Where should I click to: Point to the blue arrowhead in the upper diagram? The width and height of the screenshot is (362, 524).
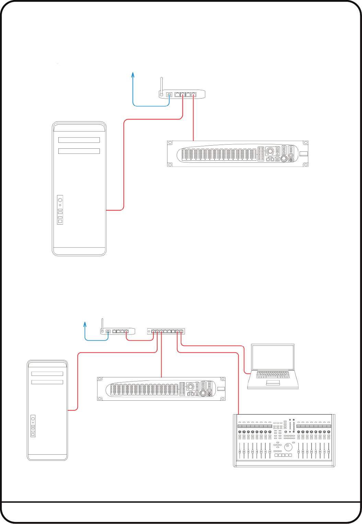[x=133, y=74]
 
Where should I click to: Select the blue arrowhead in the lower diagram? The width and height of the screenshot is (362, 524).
[x=85, y=323]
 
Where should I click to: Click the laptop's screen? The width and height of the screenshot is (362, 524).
[x=273, y=357]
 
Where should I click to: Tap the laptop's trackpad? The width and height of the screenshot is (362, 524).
[x=273, y=383]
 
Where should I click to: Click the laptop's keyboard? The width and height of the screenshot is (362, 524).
[x=273, y=374]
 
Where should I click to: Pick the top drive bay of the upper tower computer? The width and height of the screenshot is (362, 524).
[x=79, y=140]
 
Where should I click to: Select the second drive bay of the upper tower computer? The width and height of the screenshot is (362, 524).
[x=79, y=151]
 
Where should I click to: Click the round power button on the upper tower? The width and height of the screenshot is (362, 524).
[x=60, y=200]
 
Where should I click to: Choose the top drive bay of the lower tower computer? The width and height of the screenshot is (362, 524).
[x=47, y=374]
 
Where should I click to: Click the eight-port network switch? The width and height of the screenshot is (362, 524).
[x=166, y=331]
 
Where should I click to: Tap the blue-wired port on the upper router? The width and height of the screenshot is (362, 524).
[x=169, y=95]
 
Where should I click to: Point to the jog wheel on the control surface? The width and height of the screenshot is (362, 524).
[x=289, y=447]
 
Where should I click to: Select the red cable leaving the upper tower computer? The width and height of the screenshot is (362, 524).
[x=123, y=165]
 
